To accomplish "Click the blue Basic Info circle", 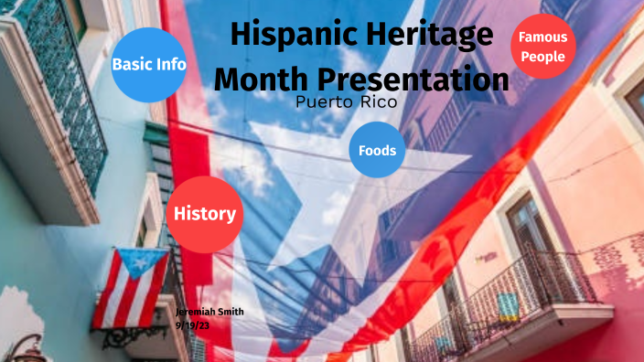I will coord(149,64).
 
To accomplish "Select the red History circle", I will coord(204,214).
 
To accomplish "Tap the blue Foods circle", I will coord(377,149).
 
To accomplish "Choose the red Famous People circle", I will coord(542,47).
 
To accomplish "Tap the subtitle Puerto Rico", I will coord(347,102).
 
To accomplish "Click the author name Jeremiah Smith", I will coord(209,313).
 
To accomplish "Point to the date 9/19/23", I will coord(193,325).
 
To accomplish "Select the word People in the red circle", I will coord(542,57).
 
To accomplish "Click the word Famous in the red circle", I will coord(542,37).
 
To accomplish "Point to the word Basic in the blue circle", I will coord(131,64).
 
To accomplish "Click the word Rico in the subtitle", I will coord(377,102).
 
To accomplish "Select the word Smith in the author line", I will coord(230,313).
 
